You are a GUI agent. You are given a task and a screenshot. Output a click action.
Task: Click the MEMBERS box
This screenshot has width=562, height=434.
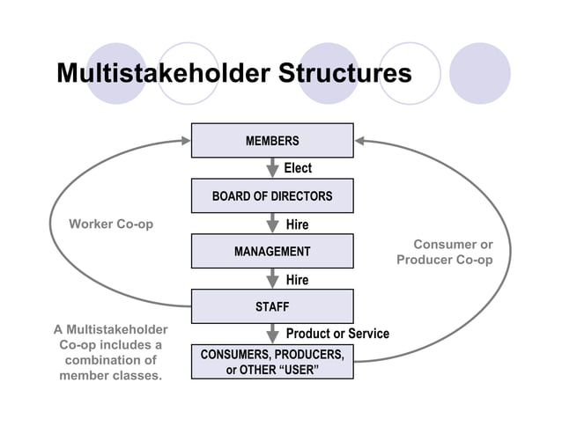click(x=272, y=141)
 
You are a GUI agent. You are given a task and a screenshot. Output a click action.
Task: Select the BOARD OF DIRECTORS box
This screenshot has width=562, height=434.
click(x=272, y=196)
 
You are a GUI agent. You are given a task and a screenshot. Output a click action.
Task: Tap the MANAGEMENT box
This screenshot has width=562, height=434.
click(x=272, y=252)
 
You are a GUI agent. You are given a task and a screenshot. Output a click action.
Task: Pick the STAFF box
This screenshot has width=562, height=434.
click(x=272, y=307)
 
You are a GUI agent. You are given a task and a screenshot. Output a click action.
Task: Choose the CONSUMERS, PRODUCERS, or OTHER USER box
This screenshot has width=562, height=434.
click(x=272, y=361)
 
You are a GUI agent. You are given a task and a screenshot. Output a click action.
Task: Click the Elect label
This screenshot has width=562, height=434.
click(x=298, y=168)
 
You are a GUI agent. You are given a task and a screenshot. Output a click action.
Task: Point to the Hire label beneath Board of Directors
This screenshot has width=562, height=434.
click(x=298, y=224)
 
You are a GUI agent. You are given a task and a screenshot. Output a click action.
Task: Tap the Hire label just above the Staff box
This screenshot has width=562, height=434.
click(x=298, y=280)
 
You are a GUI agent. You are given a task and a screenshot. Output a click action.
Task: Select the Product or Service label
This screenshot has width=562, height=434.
click(x=337, y=334)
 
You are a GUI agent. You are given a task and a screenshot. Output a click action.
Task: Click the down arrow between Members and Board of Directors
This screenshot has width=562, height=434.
click(x=273, y=168)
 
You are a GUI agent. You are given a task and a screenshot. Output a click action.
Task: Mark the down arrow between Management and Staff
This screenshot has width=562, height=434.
click(x=273, y=279)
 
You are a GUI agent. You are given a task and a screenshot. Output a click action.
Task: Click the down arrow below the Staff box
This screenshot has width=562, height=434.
click(x=273, y=335)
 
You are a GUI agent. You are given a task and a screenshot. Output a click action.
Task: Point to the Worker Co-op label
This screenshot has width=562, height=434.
click(x=111, y=224)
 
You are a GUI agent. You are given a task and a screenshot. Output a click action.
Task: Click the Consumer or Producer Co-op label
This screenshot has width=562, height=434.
click(x=445, y=252)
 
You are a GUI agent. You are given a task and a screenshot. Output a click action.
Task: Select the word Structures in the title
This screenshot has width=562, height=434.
click(x=344, y=72)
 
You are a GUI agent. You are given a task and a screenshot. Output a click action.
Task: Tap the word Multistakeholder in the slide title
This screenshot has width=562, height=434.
click(x=164, y=72)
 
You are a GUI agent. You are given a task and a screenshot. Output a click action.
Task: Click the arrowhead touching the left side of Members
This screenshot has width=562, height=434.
click(x=184, y=140)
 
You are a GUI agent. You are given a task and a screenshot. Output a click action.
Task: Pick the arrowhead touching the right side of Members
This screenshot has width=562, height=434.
click(x=361, y=140)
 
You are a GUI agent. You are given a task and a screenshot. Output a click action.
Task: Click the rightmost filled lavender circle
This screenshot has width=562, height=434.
click(x=480, y=73)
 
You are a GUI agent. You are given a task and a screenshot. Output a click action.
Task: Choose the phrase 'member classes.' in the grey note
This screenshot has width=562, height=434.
click(x=111, y=376)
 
